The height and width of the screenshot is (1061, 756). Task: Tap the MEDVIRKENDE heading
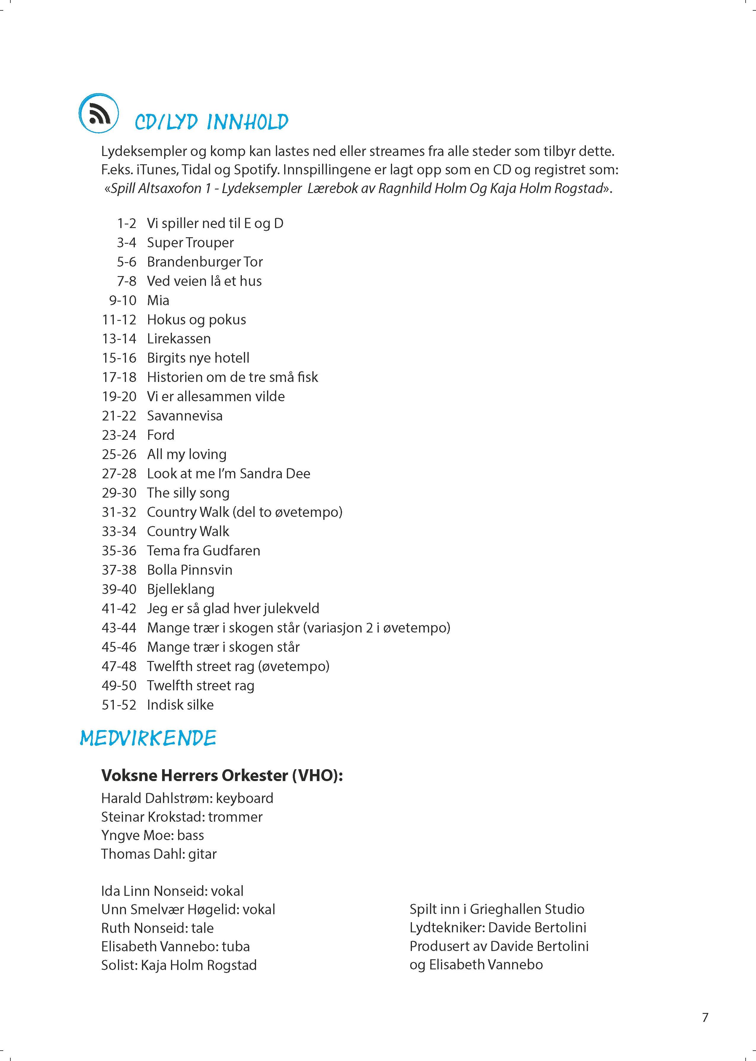click(148, 738)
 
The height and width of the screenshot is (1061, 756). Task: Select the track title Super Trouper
click(190, 243)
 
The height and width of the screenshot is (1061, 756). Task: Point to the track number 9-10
click(122, 300)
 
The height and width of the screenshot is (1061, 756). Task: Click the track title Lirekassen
click(179, 339)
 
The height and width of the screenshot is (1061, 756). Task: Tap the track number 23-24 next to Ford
click(119, 435)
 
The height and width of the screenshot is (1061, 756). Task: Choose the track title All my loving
click(187, 454)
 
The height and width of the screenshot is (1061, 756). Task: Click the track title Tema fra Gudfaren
click(203, 551)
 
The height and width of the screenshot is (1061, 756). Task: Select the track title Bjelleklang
click(180, 589)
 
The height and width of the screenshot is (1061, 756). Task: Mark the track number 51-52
click(119, 705)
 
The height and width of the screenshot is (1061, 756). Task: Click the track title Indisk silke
click(180, 705)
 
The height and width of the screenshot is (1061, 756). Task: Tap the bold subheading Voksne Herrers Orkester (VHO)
click(222, 775)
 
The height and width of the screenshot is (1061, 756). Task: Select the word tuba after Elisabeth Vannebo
click(236, 947)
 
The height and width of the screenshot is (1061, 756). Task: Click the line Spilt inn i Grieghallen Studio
click(497, 909)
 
